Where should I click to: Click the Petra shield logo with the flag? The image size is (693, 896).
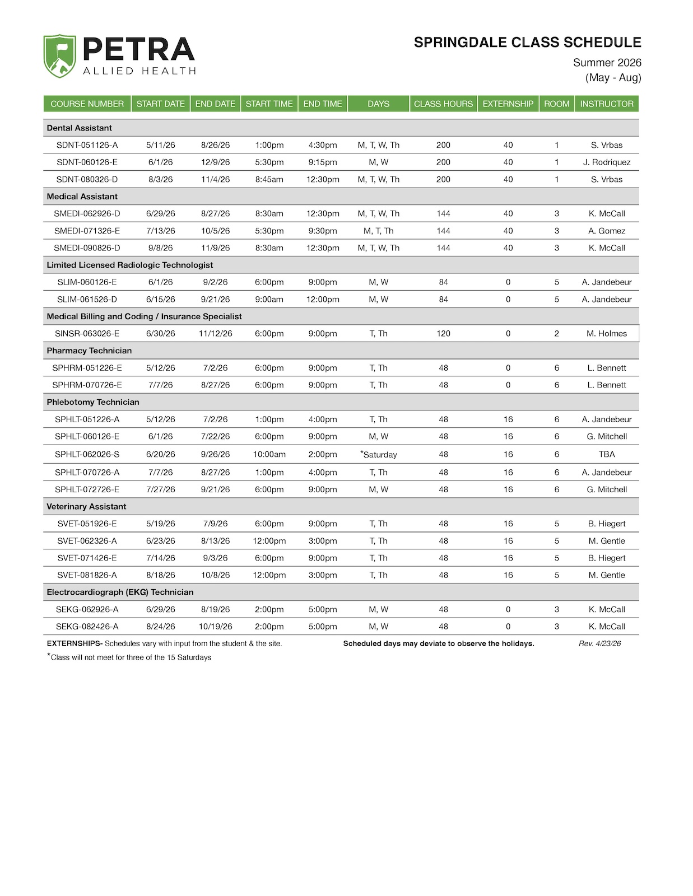click(x=59, y=55)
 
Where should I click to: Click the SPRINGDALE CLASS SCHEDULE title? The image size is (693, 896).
click(x=527, y=43)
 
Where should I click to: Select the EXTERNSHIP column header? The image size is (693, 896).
click(x=508, y=104)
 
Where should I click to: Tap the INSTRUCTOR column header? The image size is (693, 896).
click(x=606, y=104)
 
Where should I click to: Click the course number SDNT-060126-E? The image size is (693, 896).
click(x=87, y=162)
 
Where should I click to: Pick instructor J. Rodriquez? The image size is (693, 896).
click(x=606, y=162)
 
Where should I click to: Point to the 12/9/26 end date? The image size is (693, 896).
click(x=215, y=162)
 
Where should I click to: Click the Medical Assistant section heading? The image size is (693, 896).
click(x=82, y=197)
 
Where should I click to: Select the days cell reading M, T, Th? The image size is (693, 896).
click(x=378, y=231)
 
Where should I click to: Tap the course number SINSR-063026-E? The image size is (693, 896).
click(x=87, y=333)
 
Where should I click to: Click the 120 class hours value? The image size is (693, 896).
click(x=443, y=333)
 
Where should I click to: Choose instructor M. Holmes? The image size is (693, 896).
click(x=606, y=333)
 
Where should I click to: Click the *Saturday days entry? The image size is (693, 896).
click(x=378, y=454)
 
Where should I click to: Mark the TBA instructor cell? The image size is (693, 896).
click(x=606, y=454)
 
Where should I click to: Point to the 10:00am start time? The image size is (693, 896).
click(x=269, y=454)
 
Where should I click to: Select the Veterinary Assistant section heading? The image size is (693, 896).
click(x=86, y=506)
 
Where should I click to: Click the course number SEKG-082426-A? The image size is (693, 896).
click(x=87, y=626)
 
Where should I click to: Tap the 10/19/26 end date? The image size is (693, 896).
click(x=215, y=626)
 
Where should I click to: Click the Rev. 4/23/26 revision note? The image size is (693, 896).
click(x=599, y=643)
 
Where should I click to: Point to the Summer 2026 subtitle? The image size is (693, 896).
click(x=607, y=63)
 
